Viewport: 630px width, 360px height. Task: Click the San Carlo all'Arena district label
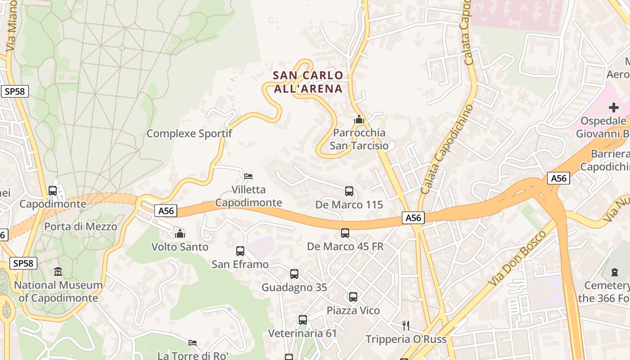(x=308, y=82)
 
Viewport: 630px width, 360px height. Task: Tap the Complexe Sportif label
(x=189, y=134)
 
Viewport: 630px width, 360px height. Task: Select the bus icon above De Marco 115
(x=349, y=191)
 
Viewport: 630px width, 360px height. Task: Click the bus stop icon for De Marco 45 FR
(x=345, y=233)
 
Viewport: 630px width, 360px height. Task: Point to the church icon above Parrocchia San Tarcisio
(x=359, y=120)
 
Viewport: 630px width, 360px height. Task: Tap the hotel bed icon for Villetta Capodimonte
(x=248, y=176)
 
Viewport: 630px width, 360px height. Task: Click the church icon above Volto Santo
(x=180, y=234)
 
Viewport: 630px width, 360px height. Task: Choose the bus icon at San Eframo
(x=240, y=251)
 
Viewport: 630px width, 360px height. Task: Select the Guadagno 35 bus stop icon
(x=294, y=274)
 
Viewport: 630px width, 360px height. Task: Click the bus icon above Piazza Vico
(x=353, y=297)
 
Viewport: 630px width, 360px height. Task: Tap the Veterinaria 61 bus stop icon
(x=303, y=320)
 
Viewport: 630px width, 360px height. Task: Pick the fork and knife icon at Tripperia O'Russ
(x=406, y=326)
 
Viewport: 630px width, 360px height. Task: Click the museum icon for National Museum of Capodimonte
(x=58, y=272)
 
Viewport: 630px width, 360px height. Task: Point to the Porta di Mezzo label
(x=81, y=226)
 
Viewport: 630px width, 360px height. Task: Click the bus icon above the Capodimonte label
(x=53, y=191)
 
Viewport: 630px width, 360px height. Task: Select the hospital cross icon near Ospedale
(x=613, y=108)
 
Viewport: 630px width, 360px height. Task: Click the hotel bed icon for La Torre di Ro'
(x=193, y=343)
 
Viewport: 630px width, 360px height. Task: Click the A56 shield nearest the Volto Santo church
(x=166, y=211)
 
